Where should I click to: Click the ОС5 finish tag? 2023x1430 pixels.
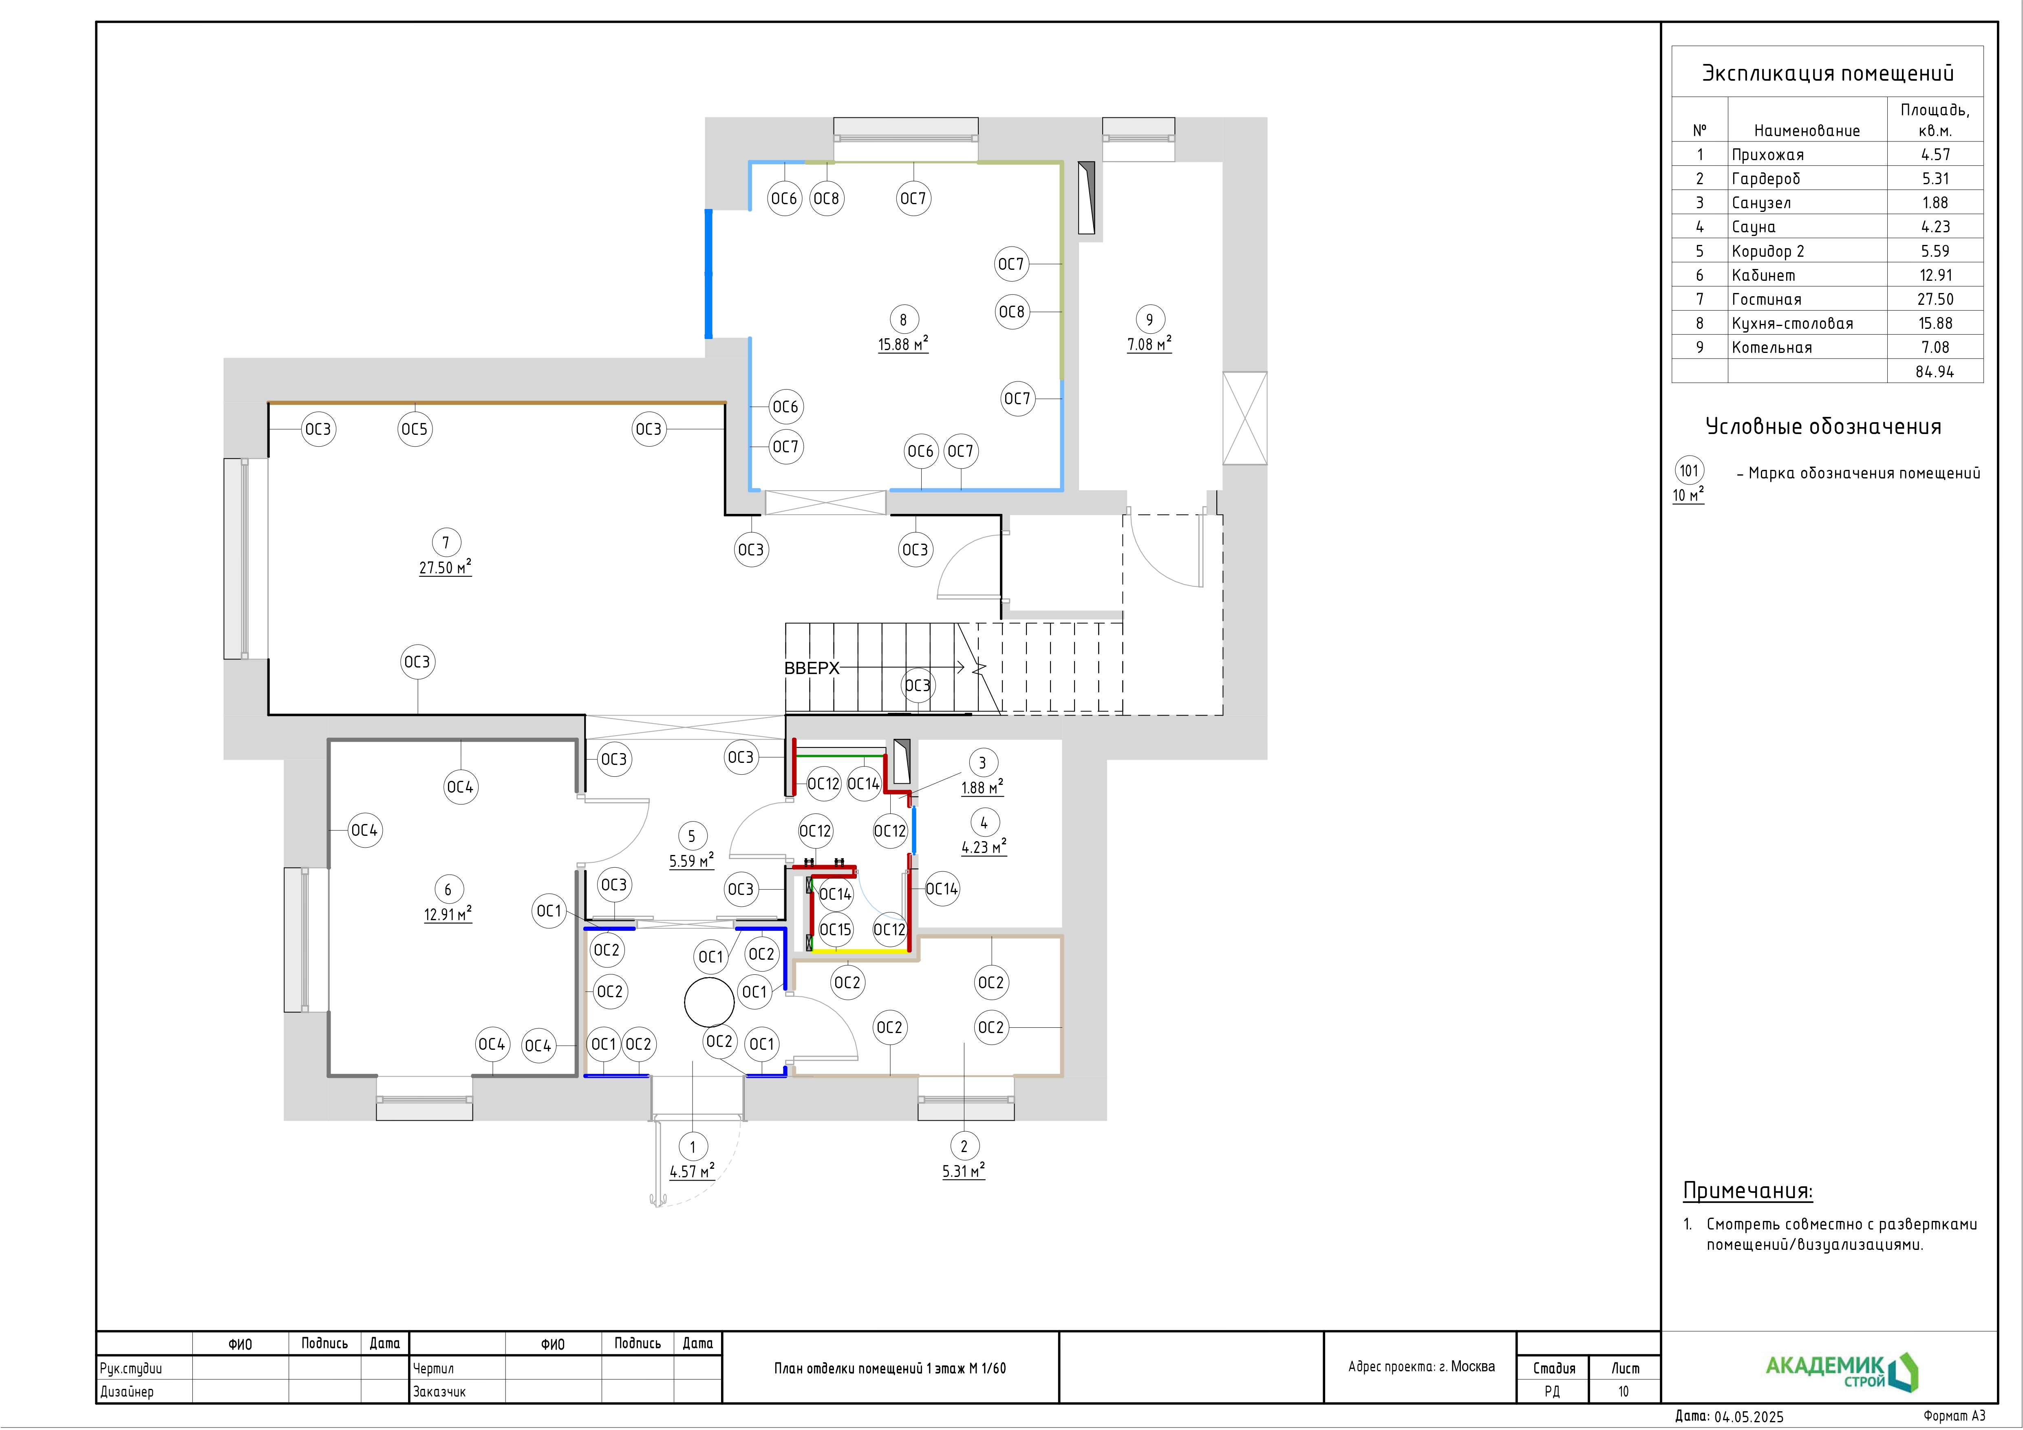(415, 429)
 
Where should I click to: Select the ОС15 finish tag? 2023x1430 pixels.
(835, 930)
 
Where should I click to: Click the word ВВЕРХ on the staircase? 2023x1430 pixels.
(812, 668)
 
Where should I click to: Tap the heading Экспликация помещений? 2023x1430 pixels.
(1827, 73)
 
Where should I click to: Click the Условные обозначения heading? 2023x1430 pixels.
(1823, 426)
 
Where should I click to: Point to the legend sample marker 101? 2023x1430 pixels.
(1689, 471)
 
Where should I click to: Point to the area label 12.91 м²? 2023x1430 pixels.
(448, 914)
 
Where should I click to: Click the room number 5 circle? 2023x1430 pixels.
(692, 836)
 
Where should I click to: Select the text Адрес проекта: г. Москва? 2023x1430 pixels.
(1421, 1366)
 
